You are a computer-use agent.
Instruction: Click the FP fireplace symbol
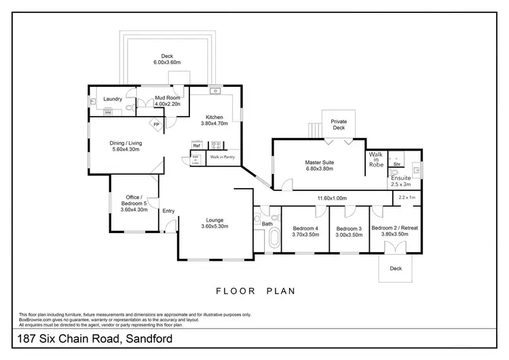click(155, 125)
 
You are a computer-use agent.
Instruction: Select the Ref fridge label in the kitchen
click(196, 145)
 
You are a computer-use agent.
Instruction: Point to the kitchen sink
click(215, 90)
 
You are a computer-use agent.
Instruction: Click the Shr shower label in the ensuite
click(396, 164)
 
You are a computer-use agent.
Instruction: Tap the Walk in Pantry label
click(222, 157)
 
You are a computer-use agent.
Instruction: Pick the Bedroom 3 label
click(348, 228)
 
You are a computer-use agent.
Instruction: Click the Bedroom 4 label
click(305, 228)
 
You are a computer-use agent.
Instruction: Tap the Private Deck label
click(338, 124)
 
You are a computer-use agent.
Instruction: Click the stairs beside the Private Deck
click(314, 130)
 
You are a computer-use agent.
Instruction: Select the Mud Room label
click(166, 97)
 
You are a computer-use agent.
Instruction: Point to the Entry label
click(168, 211)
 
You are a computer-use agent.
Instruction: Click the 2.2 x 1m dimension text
click(407, 197)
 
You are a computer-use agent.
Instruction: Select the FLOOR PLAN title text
click(254, 291)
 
